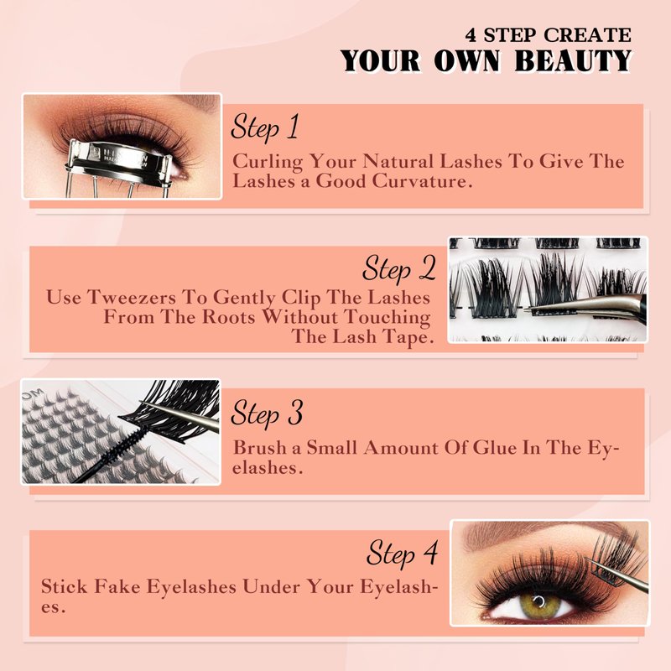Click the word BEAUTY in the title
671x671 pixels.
[573, 60]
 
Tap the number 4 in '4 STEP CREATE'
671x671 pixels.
[471, 35]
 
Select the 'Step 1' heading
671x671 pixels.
[264, 127]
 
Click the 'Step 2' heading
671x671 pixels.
[399, 268]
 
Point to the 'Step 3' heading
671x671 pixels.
[267, 413]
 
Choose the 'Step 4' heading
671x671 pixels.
[403, 553]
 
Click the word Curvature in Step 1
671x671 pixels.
[422, 181]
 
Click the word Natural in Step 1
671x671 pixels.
[398, 161]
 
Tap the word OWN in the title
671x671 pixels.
[467, 60]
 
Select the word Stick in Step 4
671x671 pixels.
[65, 586]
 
